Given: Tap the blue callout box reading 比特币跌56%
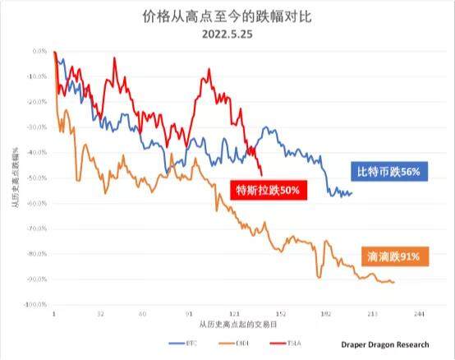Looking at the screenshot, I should [388, 173].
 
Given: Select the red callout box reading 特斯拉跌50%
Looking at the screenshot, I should [269, 191].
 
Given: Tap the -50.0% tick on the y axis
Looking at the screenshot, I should [35, 178].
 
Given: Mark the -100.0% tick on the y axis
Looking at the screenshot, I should [34, 305].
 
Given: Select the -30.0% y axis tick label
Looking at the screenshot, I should [35, 127].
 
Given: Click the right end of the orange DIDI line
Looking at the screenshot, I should [393, 282].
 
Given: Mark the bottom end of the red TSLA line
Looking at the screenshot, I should [261, 174].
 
